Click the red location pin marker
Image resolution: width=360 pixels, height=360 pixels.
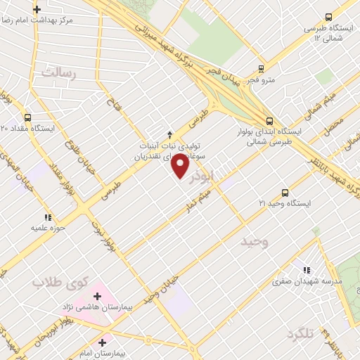(x=181, y=167)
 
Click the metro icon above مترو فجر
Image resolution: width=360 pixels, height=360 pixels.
(x=262, y=69)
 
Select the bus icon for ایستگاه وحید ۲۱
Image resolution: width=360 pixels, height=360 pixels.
(x=285, y=192)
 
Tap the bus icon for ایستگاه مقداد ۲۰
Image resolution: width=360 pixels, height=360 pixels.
(x=28, y=117)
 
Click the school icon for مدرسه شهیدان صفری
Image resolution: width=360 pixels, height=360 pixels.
(x=306, y=269)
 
